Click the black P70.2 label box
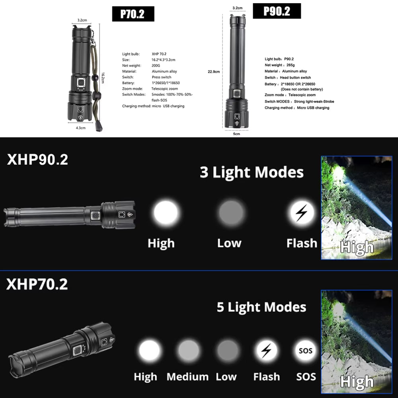132,14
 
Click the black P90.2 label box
277,11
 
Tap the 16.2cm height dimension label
103,78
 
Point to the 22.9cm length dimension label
214,72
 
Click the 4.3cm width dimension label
80,128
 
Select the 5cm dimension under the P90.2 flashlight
236,134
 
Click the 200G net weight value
156,65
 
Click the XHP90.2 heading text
37,160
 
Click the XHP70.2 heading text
37,284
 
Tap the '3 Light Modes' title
252,173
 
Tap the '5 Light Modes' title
261,307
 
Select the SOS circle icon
306,351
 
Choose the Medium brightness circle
188,351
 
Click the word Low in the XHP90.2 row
229,243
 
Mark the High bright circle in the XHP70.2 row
149,351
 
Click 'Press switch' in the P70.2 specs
162,77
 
